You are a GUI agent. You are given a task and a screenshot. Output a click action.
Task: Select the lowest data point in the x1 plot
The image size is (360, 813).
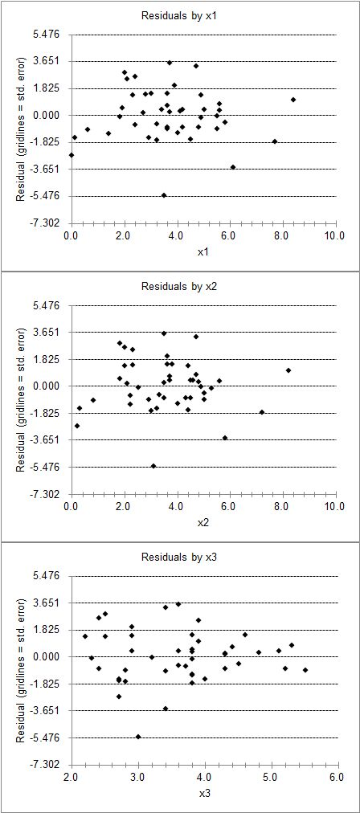coord(164,195)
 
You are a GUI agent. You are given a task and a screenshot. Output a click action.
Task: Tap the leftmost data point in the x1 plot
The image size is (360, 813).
coord(72,155)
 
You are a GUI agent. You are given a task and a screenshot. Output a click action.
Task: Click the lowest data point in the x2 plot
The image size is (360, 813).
coord(153,466)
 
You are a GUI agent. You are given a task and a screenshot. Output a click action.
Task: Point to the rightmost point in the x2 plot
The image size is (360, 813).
coord(288,370)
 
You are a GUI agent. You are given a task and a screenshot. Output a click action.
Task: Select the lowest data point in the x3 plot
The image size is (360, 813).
coord(138,736)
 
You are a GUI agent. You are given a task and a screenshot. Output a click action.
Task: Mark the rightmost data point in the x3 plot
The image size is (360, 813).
coord(305,670)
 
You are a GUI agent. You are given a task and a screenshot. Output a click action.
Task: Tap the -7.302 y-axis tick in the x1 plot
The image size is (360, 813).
coord(49,223)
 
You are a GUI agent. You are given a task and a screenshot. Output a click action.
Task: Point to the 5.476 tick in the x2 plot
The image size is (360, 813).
coord(50,305)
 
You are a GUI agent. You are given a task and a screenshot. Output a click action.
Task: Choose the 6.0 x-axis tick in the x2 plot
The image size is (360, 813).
coord(229,505)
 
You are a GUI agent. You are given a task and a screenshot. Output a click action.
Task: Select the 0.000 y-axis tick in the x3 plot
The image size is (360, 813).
coord(50,656)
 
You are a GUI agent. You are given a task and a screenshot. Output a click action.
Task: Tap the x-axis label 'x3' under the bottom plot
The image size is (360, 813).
coord(204,792)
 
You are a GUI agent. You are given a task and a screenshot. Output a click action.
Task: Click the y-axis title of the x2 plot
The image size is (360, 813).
coord(21,399)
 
